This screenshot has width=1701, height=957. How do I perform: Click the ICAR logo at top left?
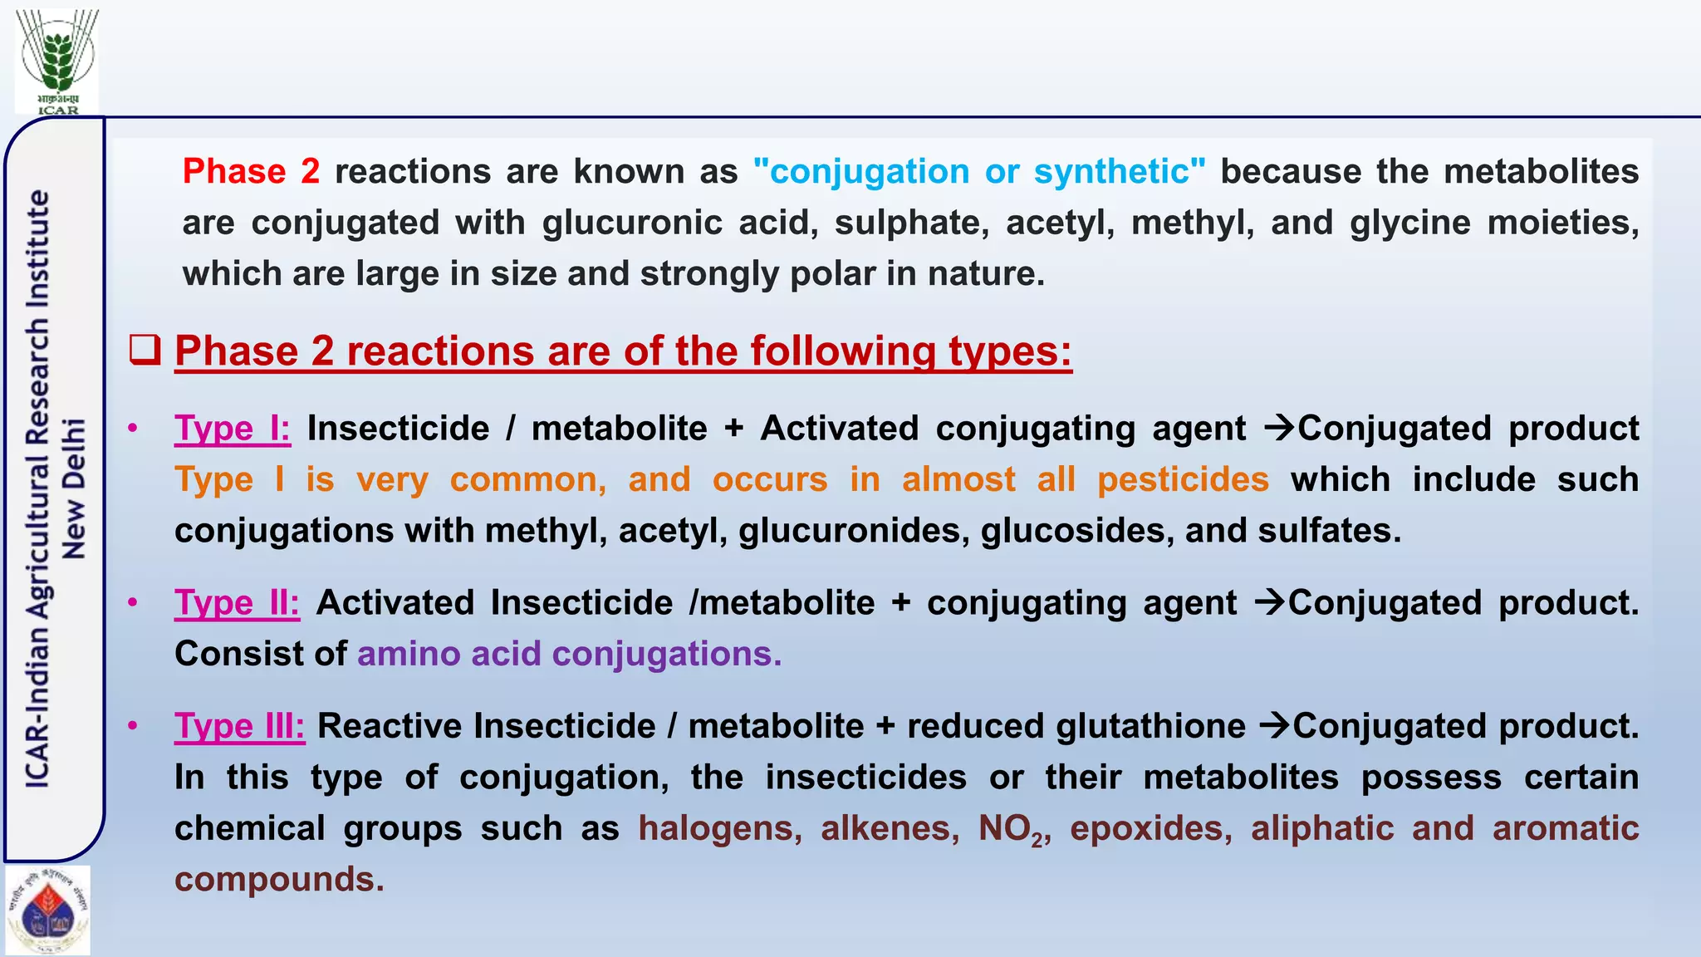point(57,61)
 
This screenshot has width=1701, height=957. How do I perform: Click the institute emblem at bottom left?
point(48,910)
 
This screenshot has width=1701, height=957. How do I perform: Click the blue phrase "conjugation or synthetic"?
point(979,171)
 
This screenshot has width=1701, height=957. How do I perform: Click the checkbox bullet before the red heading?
point(145,350)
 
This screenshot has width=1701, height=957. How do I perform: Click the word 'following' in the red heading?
point(842,351)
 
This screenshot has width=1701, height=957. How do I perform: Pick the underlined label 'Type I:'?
point(232,429)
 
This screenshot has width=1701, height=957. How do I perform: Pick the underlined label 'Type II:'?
point(237,603)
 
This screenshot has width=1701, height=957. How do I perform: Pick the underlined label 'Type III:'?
point(239,727)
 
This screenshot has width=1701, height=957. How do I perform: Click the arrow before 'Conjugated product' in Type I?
point(1279,429)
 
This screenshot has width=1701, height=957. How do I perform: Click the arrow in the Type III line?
point(1274,726)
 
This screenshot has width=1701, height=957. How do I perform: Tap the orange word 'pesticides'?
point(1183,480)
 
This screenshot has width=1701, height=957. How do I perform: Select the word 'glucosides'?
point(1077,531)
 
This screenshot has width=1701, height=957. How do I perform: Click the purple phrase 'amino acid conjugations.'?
point(569,654)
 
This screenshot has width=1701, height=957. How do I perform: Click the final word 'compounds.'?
point(279,880)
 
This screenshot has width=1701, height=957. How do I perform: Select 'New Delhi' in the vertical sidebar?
point(75,488)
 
